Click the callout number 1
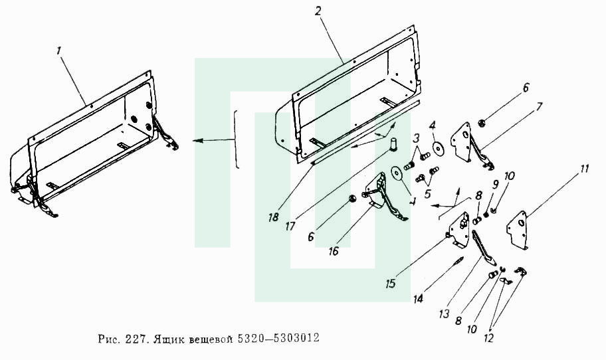[x=58, y=50]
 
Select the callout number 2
[x=318, y=11]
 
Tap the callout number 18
[x=273, y=217]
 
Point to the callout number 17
[x=290, y=226]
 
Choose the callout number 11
[x=583, y=169]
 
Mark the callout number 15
[x=390, y=284]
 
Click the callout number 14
[x=419, y=298]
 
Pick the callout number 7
[x=539, y=106]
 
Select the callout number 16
[x=333, y=250]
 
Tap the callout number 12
[x=489, y=338]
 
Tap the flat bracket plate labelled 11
[x=517, y=230]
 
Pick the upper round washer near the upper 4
[x=438, y=148]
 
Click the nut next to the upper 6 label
[x=482, y=124]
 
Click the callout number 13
[x=444, y=314]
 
